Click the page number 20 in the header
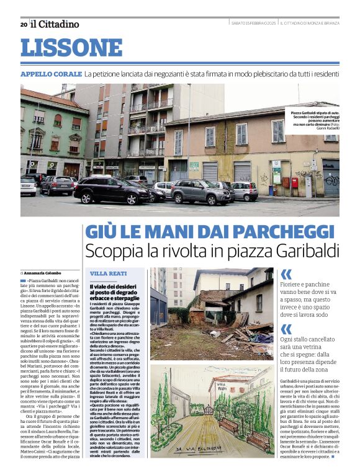point(24,24)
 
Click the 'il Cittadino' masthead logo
point(55,24)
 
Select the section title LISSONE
point(71,48)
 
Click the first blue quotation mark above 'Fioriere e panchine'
point(286,275)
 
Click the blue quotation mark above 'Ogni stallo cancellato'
point(286,329)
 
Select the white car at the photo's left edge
point(27,186)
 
